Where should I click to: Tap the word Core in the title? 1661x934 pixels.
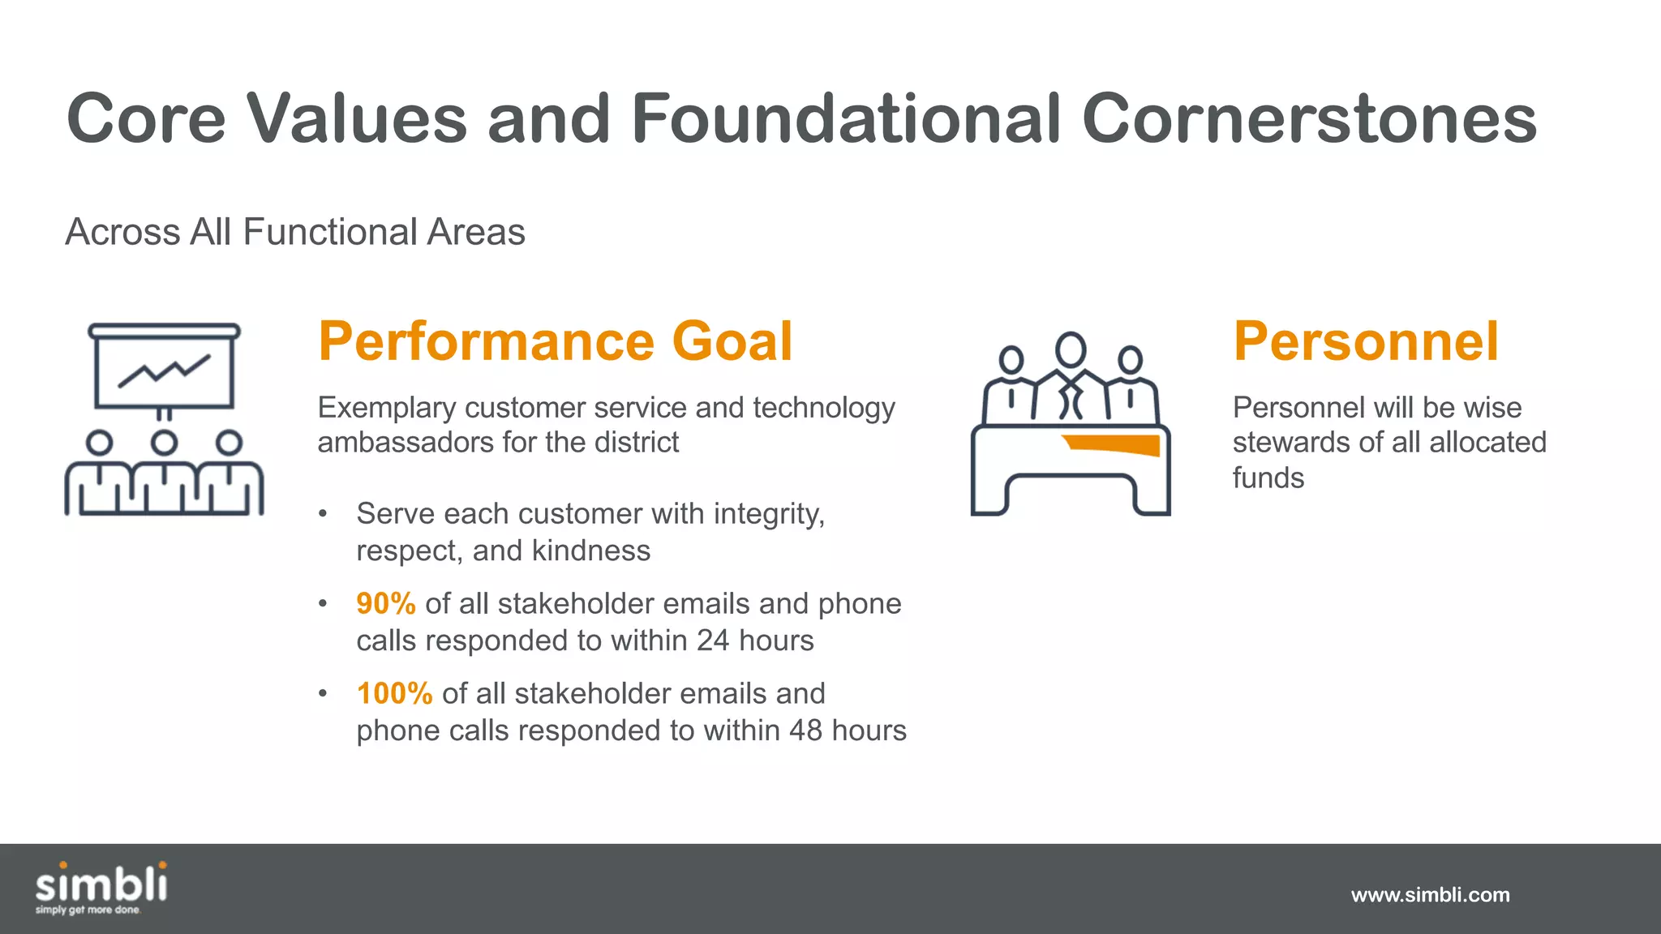(x=146, y=119)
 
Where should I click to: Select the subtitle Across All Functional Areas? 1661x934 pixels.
(x=295, y=232)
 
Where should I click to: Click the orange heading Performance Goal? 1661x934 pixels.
(x=555, y=341)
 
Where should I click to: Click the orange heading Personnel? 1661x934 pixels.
(x=1366, y=341)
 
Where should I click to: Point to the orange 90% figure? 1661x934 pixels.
(x=386, y=604)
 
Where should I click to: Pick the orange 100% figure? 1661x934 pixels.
(x=394, y=694)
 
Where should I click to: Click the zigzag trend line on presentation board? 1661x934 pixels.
(x=165, y=371)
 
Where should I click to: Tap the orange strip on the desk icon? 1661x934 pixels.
(x=1113, y=444)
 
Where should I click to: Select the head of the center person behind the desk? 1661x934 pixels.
(x=1071, y=349)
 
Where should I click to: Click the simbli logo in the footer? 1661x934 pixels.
(x=101, y=888)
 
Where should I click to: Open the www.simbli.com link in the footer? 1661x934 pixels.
(x=1430, y=895)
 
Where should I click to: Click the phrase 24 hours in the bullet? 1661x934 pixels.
(x=755, y=641)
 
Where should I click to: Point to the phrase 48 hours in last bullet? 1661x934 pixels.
(x=848, y=731)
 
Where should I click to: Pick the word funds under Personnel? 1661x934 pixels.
(x=1268, y=478)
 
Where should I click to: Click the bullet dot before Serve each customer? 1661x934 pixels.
(x=323, y=514)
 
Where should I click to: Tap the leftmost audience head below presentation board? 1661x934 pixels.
(x=99, y=443)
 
